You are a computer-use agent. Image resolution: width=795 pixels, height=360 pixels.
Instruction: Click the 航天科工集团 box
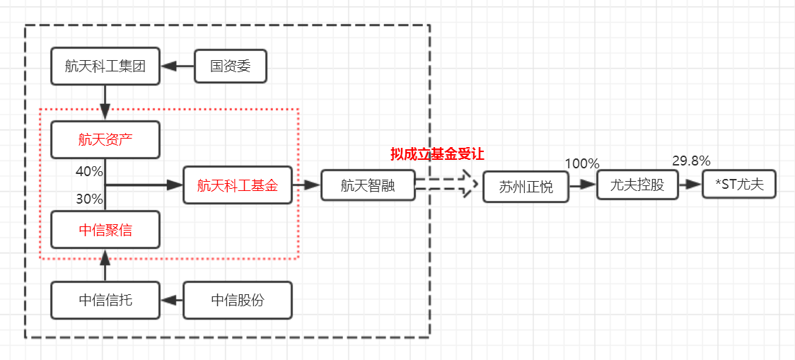[x=105, y=66]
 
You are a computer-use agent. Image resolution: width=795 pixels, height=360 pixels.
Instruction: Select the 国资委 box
[x=230, y=66]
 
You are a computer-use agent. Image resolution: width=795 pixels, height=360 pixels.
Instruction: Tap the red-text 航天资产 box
[x=105, y=139]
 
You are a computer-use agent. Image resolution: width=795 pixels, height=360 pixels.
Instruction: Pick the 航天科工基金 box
[x=237, y=185]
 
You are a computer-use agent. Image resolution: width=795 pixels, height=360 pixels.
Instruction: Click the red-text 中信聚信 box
[x=105, y=230]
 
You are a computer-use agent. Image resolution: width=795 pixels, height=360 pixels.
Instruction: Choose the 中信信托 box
[x=105, y=300]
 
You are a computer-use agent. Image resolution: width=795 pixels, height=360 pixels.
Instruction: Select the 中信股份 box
[x=238, y=300]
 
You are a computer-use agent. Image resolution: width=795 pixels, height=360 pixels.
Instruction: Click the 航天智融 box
[x=367, y=185]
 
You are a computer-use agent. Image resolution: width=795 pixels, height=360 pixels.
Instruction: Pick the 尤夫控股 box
[x=637, y=185]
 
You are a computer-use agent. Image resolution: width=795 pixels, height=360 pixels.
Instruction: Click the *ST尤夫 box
[x=739, y=185]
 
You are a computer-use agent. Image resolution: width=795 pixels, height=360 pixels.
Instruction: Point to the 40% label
[x=90, y=172]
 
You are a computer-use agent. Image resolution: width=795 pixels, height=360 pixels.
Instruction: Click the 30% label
[x=90, y=199]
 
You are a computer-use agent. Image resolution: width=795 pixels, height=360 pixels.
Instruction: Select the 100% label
[x=581, y=163]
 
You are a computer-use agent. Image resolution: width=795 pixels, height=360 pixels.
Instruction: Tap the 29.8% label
[x=691, y=161]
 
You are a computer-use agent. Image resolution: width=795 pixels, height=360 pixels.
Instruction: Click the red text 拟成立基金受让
[x=437, y=153]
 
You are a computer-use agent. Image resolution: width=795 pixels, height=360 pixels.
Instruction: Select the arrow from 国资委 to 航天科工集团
[x=178, y=66]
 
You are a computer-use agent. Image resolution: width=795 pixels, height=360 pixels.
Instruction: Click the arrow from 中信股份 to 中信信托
[x=172, y=300]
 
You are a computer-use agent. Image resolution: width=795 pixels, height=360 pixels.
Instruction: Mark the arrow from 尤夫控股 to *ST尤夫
[x=690, y=185]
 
